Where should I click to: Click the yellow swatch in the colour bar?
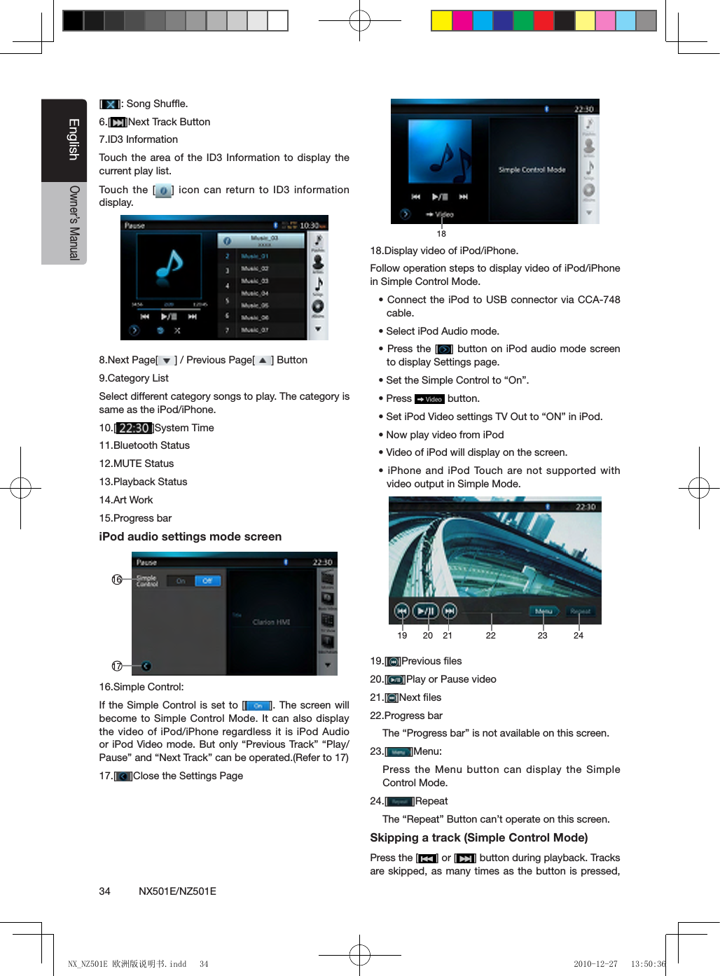click(x=441, y=21)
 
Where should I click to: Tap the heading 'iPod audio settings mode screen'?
click(x=191, y=537)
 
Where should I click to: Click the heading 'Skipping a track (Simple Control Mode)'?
click(x=479, y=838)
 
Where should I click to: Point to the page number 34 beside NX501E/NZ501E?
click(x=104, y=891)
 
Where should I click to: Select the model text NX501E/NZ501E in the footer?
click(x=177, y=891)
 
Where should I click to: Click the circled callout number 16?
click(x=117, y=580)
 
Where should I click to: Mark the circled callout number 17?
click(x=117, y=666)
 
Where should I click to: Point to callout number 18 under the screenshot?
click(x=441, y=234)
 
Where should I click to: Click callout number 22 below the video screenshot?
click(x=491, y=636)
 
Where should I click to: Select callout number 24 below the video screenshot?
click(x=579, y=636)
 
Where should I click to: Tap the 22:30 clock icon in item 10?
click(x=133, y=428)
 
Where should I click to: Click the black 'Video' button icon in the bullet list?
click(x=430, y=399)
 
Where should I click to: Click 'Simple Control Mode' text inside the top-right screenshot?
click(x=532, y=169)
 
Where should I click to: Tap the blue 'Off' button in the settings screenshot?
click(x=207, y=581)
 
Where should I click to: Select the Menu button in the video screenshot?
click(x=544, y=611)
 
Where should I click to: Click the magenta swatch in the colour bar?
click(x=462, y=21)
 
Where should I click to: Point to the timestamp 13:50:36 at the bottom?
click(x=648, y=964)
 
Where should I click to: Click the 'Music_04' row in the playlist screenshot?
click(x=255, y=293)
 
